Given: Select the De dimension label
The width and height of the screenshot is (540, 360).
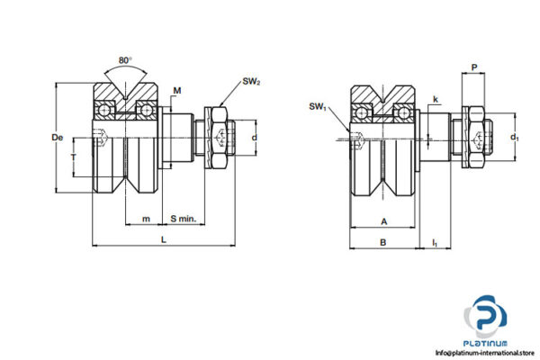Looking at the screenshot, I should (x=57, y=137).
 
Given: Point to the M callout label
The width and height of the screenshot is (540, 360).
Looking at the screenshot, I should (x=177, y=90).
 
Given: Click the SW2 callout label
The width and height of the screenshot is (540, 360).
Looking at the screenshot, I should (x=251, y=82).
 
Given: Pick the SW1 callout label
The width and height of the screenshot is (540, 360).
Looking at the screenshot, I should (x=317, y=106).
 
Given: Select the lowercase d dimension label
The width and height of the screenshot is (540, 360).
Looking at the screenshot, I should (x=255, y=137).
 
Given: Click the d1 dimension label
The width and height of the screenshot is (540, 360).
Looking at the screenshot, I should (x=515, y=138).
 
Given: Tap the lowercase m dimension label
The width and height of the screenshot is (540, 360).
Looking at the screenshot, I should (x=147, y=219).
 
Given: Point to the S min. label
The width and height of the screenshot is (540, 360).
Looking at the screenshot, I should (x=184, y=219).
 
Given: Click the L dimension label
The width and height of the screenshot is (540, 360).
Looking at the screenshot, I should (x=163, y=238).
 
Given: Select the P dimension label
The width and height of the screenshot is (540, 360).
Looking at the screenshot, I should (x=474, y=67).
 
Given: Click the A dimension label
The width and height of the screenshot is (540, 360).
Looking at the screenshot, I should (x=383, y=220).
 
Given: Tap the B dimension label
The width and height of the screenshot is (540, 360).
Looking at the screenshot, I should (x=383, y=241).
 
